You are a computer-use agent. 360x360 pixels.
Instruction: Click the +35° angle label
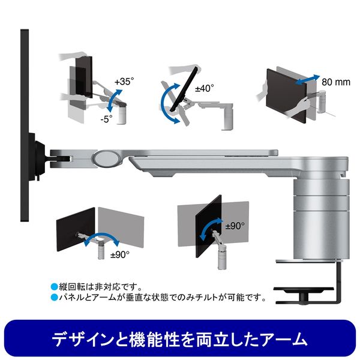pos(124,81)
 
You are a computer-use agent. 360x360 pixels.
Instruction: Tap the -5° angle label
pos(107,119)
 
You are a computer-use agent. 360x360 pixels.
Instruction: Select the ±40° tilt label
pos(205,88)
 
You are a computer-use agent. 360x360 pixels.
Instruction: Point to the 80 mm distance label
pos(336,82)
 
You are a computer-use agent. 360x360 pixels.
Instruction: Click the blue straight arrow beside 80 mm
pos(307,80)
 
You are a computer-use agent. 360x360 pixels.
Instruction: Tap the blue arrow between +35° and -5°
pos(115,101)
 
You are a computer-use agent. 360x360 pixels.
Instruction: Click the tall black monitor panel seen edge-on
pos(25,125)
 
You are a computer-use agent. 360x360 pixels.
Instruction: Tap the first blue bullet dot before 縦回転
pos(54,287)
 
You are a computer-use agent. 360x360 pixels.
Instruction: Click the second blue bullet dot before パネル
pos(54,298)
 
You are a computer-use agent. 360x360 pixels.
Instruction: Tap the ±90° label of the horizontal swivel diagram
pos(120,254)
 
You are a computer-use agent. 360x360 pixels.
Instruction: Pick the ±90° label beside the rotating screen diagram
pos(235,226)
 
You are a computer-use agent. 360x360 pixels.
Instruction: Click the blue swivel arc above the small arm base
pos(102,236)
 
